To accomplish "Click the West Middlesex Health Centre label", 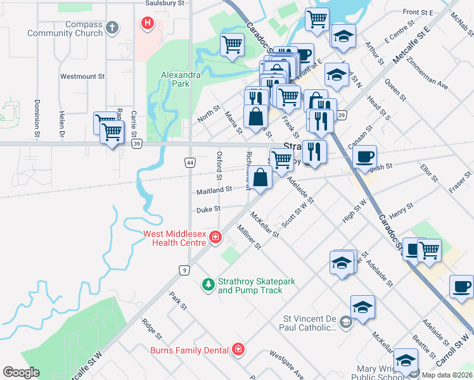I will (x=175, y=237).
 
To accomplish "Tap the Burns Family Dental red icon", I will (x=238, y=350).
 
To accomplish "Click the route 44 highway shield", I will (x=190, y=163).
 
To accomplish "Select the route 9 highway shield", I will (x=183, y=270).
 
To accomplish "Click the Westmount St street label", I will (x=82, y=76).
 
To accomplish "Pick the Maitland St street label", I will (x=214, y=189).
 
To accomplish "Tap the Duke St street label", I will (x=208, y=208).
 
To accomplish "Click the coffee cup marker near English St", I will (x=365, y=156).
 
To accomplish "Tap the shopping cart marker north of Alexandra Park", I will (x=233, y=45).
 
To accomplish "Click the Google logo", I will (x=21, y=372).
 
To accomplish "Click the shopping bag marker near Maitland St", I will (x=261, y=178).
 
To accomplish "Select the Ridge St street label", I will (x=149, y=328).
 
